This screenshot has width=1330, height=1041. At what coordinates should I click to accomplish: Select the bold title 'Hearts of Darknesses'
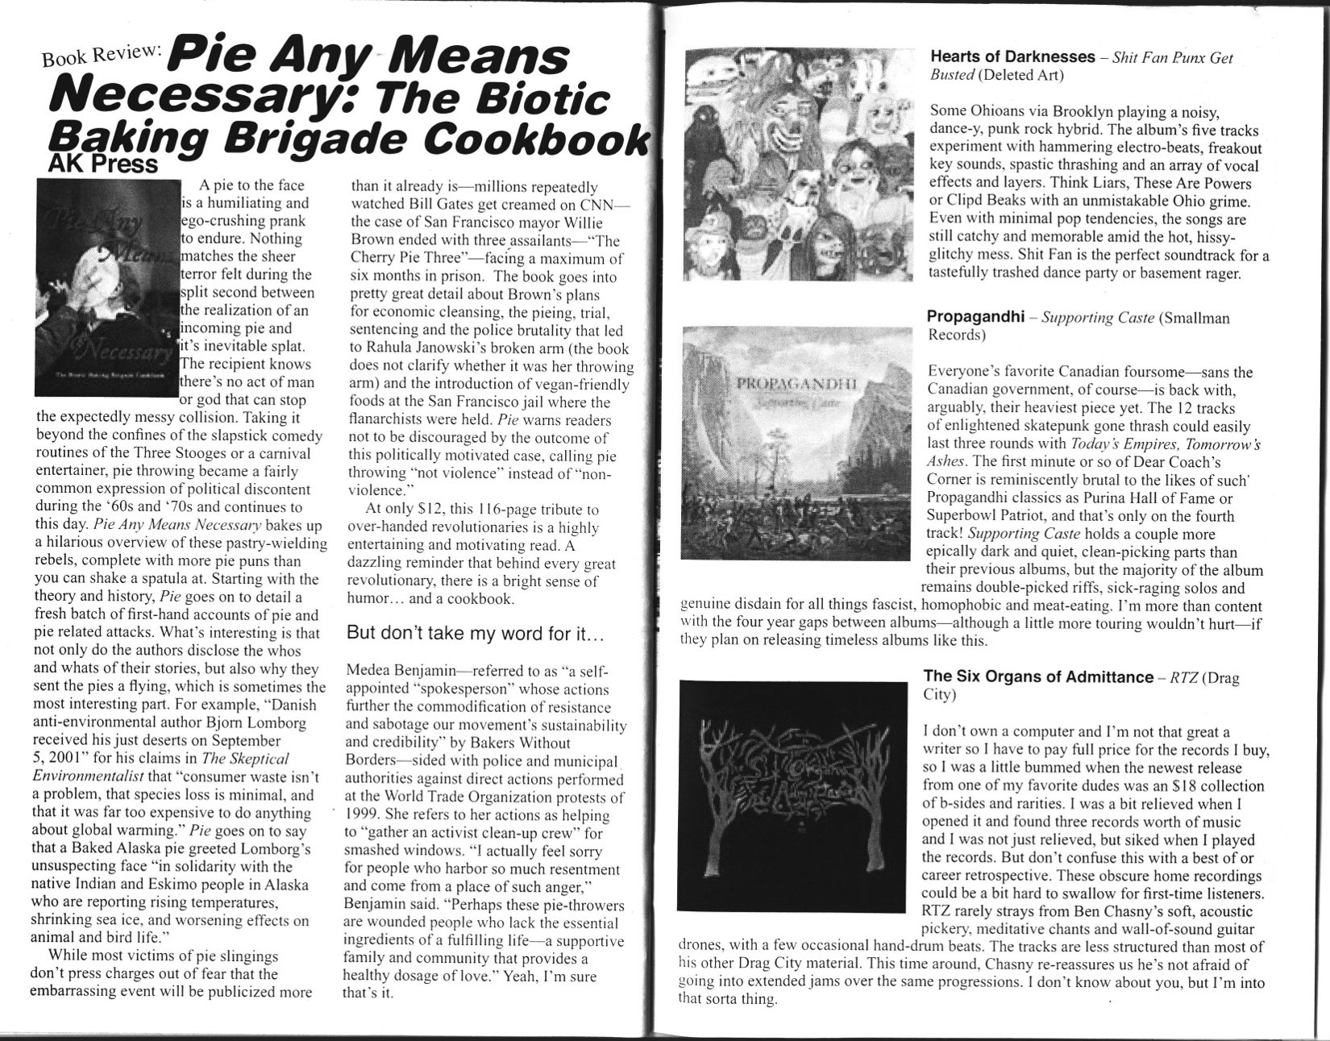pos(1012,57)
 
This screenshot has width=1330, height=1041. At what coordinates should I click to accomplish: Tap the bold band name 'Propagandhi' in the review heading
pos(974,316)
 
